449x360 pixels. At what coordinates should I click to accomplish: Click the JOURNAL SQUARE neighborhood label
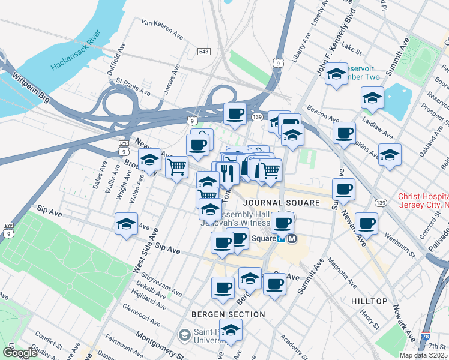(x=282, y=203)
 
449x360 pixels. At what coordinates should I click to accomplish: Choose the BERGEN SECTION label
(x=228, y=314)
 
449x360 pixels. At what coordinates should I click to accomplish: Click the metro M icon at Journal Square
(x=292, y=238)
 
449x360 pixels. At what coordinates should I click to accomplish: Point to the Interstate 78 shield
(x=425, y=338)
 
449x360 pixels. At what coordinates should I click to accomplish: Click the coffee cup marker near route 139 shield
(x=235, y=113)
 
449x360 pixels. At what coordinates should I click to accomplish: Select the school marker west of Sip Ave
(x=126, y=224)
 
